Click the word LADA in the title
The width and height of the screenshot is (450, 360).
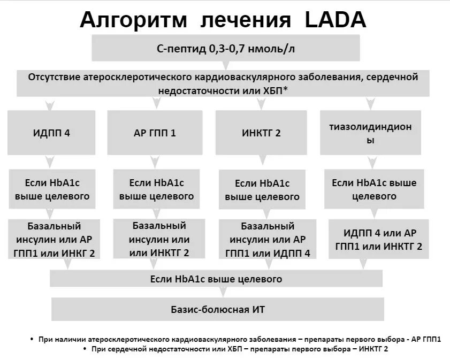coord(335,20)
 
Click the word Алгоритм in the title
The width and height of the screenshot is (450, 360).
coord(133,20)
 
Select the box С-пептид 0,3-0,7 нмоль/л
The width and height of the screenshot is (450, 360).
coord(226,49)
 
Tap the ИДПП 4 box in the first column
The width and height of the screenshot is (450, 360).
coord(51,133)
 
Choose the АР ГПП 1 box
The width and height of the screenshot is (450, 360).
coord(155,133)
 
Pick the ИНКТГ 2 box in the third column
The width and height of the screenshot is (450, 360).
coord(261,133)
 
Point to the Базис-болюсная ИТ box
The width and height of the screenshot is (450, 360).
coord(218,310)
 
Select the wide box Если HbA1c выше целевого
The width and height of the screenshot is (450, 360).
coord(216,279)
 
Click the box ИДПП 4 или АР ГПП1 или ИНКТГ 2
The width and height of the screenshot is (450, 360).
coord(378,239)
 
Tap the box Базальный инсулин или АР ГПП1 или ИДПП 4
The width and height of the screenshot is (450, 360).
coord(268,239)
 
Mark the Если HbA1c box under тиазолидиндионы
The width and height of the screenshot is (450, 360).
coord(374,189)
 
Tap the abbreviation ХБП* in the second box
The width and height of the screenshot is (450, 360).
coord(275,90)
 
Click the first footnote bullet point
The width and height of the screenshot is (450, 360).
coord(33,340)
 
